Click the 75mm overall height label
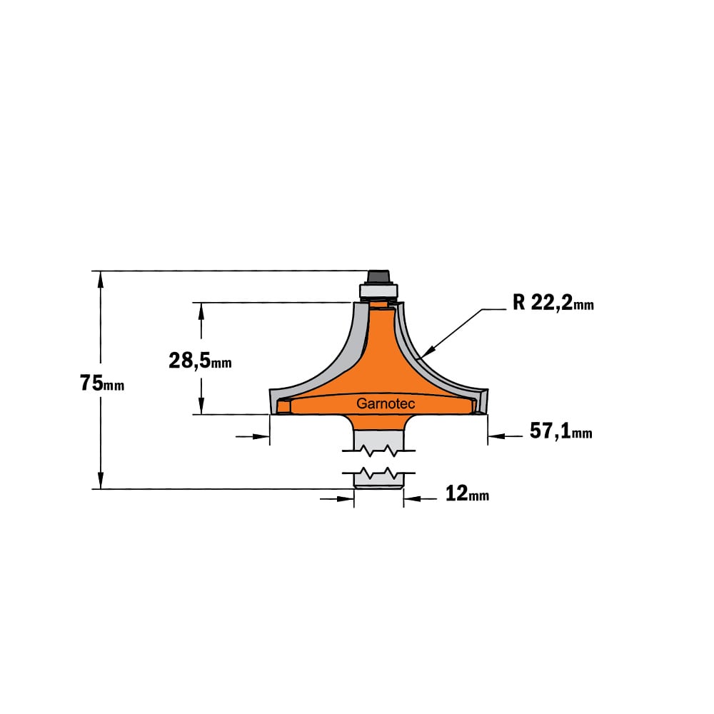(102, 383)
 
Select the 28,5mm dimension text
(200, 361)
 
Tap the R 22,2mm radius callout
(553, 302)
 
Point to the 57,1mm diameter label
(560, 431)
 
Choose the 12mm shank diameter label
(467, 493)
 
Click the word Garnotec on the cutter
(386, 403)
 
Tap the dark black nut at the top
(378, 277)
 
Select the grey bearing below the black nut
(378, 291)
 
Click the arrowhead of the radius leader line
(428, 351)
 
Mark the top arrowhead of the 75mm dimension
(101, 279)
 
